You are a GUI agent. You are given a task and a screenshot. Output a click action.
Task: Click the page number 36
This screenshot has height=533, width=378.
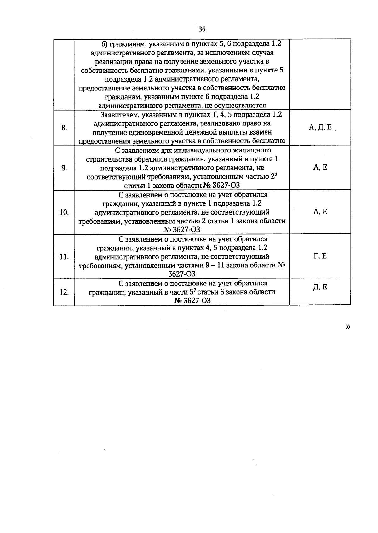[x=202, y=29]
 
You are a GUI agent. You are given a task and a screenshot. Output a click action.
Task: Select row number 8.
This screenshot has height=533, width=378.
[x=64, y=128]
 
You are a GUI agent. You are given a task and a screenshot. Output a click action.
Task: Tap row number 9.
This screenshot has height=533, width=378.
[x=64, y=168]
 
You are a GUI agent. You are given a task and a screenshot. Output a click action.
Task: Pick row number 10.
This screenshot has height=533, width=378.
[x=64, y=212]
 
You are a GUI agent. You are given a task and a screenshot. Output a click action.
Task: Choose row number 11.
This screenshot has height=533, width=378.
[x=64, y=257]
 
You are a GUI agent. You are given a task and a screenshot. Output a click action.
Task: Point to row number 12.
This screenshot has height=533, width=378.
[x=64, y=292]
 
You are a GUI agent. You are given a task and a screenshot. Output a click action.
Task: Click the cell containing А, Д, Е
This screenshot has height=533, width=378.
[x=320, y=128]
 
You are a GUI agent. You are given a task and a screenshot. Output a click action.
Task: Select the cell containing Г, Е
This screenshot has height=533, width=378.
[x=320, y=256]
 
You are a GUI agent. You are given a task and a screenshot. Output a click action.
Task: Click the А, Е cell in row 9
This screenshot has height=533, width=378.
[x=320, y=168]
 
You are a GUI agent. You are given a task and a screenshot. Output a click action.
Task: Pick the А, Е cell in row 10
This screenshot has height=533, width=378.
[x=320, y=212]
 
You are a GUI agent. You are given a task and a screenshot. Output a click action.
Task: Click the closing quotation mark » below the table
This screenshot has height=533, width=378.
[x=348, y=327]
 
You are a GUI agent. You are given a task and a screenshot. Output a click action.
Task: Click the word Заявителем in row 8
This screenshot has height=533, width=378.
[x=120, y=115]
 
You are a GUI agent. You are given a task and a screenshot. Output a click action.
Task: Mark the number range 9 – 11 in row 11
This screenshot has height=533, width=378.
[x=215, y=265]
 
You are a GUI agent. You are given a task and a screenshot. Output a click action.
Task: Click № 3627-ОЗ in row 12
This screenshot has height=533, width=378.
[x=192, y=301]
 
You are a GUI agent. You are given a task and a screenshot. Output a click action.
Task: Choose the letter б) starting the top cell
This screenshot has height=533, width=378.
[x=105, y=44]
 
